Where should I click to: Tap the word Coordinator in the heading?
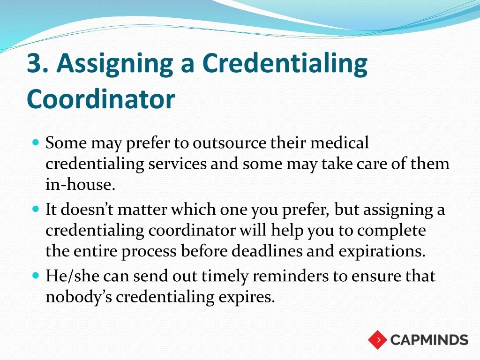[x=101, y=99]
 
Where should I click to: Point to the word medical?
[x=340, y=142]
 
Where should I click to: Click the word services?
[x=178, y=164]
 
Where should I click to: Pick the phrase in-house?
[x=80, y=184]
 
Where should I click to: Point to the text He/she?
[x=73, y=276]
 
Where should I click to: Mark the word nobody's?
[x=79, y=297]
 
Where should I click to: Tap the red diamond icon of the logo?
[x=378, y=340]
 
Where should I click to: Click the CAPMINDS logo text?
[x=429, y=340]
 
